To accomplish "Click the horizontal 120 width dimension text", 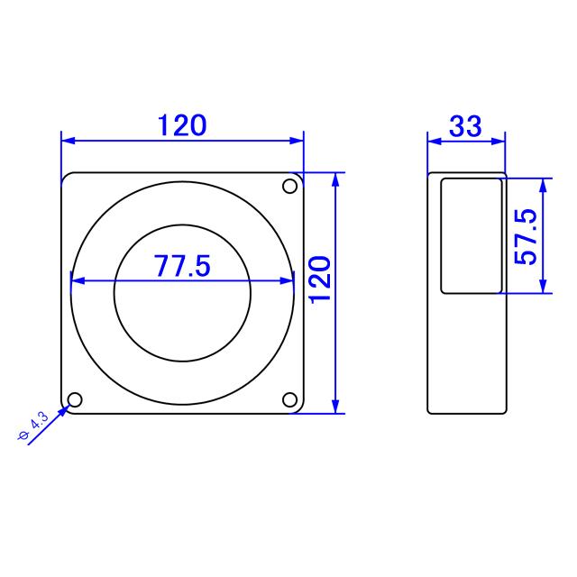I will click(182, 125).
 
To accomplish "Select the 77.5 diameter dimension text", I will click(181, 266).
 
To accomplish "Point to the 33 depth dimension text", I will click(465, 126).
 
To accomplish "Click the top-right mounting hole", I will click(289, 187).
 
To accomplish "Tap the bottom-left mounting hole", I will click(75, 399).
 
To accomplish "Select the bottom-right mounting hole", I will click(289, 399).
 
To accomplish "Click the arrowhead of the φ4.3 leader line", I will click(65, 408).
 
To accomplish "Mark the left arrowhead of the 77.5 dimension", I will click(77, 280).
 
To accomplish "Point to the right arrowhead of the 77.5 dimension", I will click(288, 280).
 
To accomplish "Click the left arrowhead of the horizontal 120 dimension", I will click(68, 141).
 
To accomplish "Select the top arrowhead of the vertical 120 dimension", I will click(335, 179).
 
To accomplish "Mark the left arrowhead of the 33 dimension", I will click(433, 141).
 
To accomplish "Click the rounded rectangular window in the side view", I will click(471, 235).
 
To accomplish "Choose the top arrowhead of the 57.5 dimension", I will click(543, 184).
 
